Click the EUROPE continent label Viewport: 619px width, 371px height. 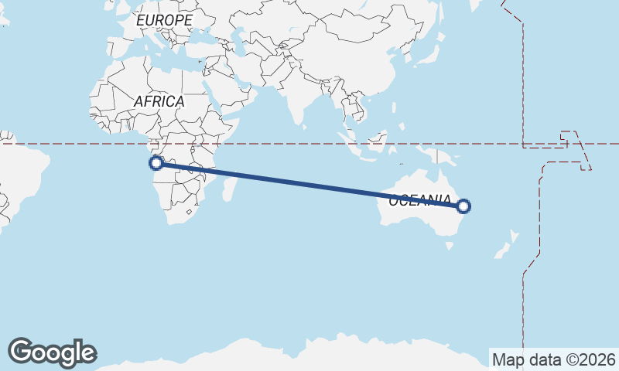click(164, 20)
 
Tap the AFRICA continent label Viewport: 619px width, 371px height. click(159, 101)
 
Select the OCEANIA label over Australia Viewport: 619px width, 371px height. click(419, 200)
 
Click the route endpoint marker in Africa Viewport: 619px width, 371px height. click(156, 163)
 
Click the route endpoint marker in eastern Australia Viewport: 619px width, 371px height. click(463, 206)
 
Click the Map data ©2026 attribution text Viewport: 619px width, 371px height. click(554, 359)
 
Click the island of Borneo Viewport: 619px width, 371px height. click(377, 141)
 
